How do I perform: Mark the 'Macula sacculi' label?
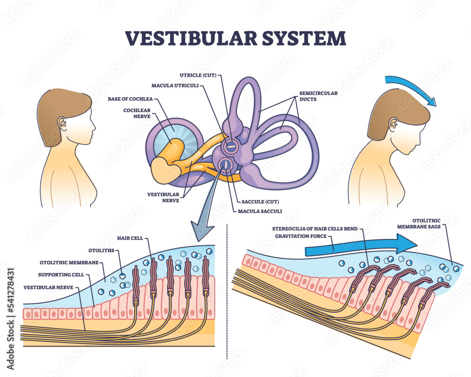tap(257, 211)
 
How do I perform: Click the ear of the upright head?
tap(62, 123)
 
